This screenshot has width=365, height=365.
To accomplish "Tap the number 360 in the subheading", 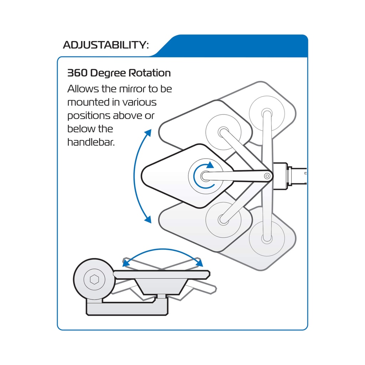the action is tap(77, 73).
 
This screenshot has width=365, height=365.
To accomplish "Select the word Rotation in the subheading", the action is tap(150, 73).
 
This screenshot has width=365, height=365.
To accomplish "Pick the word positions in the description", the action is tap(89, 116).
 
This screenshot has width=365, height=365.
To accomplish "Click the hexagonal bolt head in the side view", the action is tap(94, 279).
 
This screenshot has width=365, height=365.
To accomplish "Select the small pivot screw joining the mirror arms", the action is tap(267, 176).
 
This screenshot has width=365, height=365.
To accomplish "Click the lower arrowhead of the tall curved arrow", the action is tap(148, 220).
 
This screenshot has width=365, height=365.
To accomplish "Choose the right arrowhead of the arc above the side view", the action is tap(200, 263).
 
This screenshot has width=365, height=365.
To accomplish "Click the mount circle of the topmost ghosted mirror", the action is tap(267, 114).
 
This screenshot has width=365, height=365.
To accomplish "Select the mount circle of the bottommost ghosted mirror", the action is tap(267, 238).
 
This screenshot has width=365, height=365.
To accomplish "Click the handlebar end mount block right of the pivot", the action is tap(281, 176).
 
